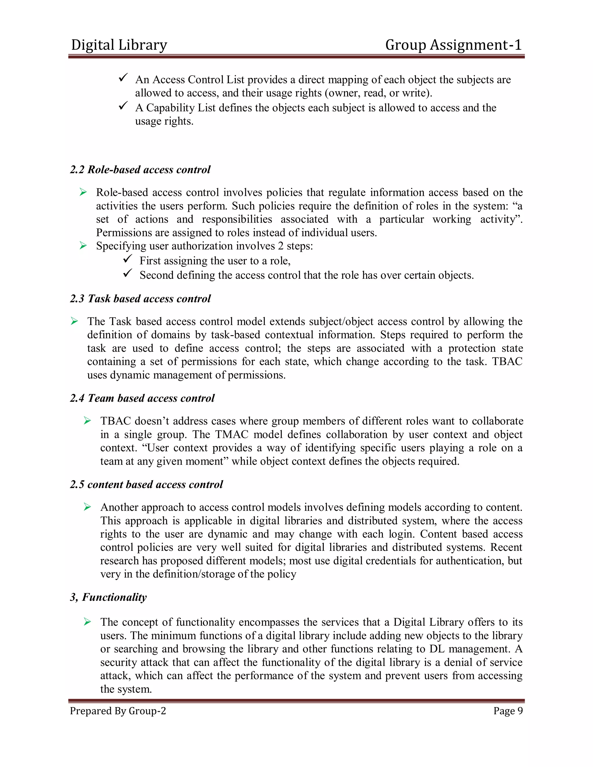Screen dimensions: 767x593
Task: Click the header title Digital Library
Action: pos(119,45)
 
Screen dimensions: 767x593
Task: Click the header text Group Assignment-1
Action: pos(453,45)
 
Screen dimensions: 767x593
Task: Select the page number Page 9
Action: pos(508,711)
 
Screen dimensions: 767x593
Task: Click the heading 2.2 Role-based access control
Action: pos(140,170)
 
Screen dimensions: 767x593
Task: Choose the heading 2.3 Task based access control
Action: pos(140,298)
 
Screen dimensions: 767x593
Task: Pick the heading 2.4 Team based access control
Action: pos(142,398)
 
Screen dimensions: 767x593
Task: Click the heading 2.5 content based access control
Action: pos(146,485)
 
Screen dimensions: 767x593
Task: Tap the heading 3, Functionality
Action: pos(108,597)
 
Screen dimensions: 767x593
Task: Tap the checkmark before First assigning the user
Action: pos(127,259)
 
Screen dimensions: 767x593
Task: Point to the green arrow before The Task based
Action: pos(74,321)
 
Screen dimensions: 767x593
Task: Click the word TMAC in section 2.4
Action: pos(232,434)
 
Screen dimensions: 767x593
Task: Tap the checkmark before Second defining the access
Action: pos(127,273)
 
